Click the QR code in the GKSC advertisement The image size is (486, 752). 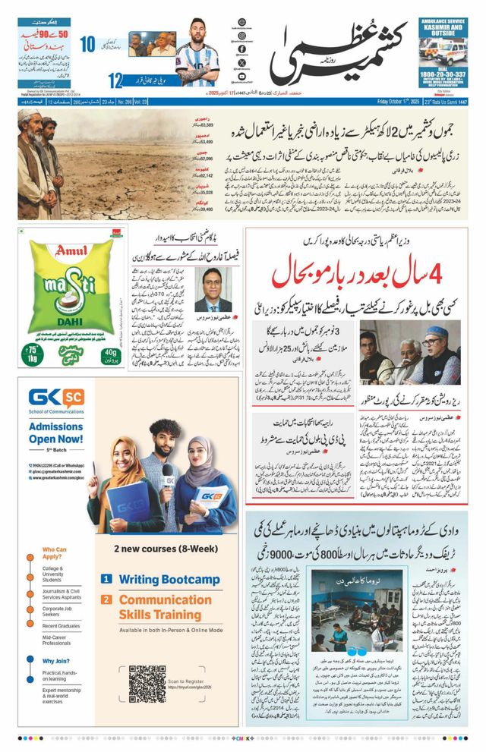click(147, 683)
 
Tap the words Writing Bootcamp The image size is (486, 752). click(169, 580)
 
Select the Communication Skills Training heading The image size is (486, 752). click(165, 606)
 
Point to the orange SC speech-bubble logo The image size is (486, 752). click(72, 396)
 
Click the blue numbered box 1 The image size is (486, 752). click(107, 579)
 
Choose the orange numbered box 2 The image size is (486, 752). click(107, 599)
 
